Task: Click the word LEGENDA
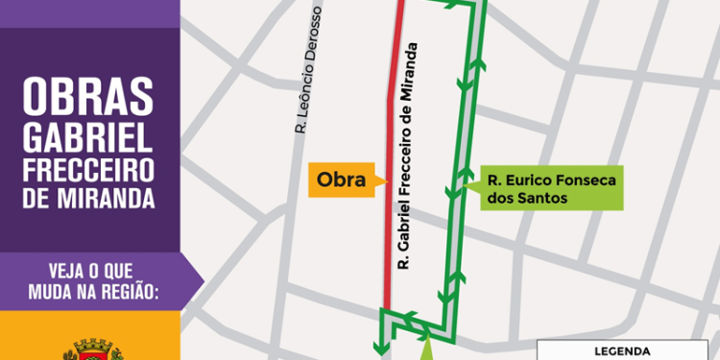coord(624,351)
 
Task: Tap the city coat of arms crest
coord(92,348)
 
